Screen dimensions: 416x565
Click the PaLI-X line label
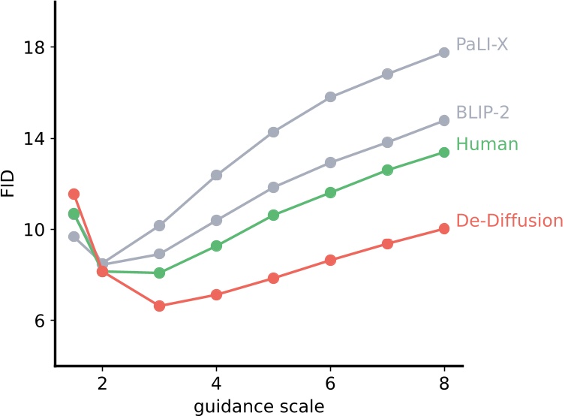482,44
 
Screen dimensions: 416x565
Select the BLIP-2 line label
483,112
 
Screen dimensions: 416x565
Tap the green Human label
487,144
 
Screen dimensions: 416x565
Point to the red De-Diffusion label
509,221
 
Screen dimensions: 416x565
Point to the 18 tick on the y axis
35,47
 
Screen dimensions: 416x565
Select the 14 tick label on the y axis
35,139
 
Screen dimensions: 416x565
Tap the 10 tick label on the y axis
35,230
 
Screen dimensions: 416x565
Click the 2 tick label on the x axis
102,381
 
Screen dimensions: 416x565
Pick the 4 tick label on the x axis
216,381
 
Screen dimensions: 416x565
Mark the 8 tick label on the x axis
444,381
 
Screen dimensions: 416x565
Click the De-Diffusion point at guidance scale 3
159,306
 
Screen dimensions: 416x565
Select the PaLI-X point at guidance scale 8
444,53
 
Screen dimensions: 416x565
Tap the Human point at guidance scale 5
273,215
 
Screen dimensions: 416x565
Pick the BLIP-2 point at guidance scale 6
330,162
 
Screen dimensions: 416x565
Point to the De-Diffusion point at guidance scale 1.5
74,194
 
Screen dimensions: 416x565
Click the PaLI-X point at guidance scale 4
216,175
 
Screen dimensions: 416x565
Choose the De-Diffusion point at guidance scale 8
444,228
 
